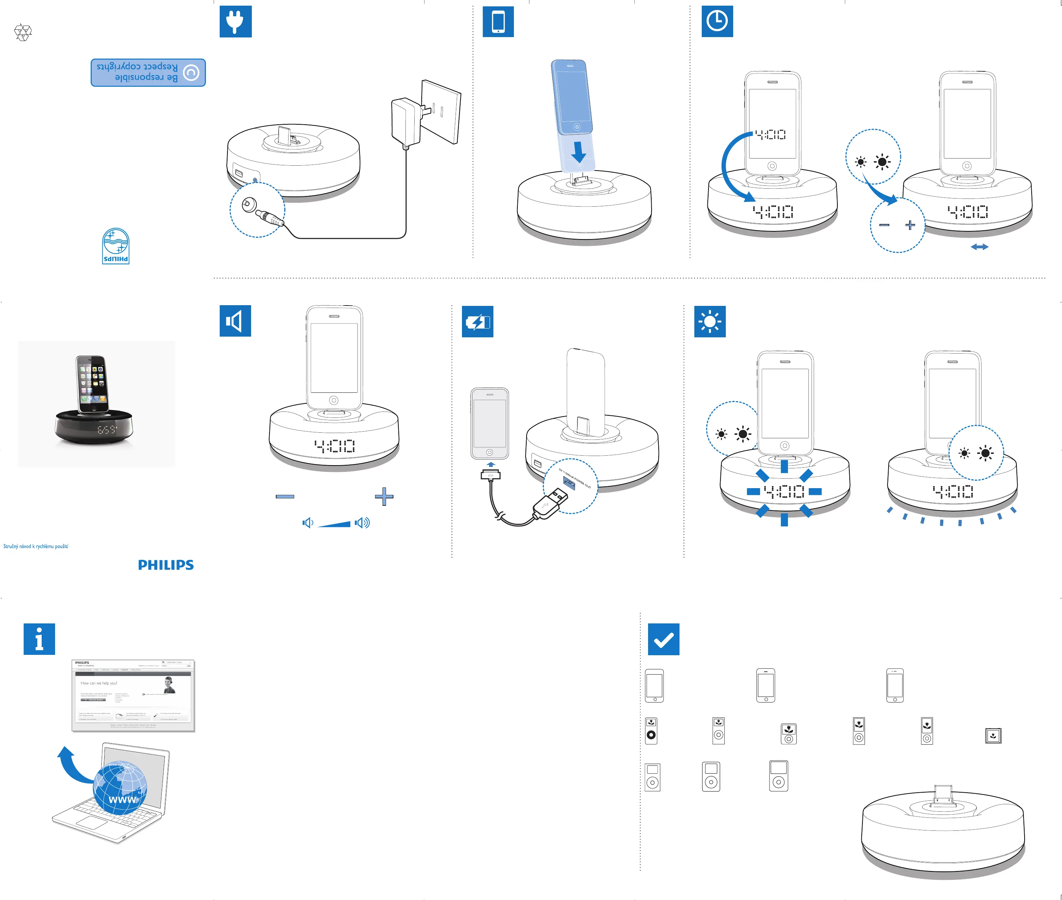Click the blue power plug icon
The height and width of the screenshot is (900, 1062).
click(x=235, y=22)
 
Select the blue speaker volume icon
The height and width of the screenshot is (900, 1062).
click(x=235, y=321)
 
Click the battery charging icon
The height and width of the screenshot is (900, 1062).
click(x=477, y=321)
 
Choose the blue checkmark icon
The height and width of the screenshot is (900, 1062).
click(x=663, y=639)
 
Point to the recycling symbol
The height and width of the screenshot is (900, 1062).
click(x=23, y=32)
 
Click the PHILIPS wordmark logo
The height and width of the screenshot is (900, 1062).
click(x=166, y=565)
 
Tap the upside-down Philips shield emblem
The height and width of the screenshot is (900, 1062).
click(x=116, y=246)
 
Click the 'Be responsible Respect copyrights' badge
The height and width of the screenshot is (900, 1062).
click(x=148, y=72)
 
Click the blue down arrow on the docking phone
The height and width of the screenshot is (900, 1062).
click(x=579, y=152)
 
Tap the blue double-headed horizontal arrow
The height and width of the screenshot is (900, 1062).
click(x=979, y=247)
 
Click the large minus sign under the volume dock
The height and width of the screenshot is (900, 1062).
click(x=285, y=496)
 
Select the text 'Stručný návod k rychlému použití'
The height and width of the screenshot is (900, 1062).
click(x=36, y=546)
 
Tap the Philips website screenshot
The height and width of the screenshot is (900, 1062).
click(x=133, y=696)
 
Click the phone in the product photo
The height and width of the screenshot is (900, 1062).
click(x=92, y=384)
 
